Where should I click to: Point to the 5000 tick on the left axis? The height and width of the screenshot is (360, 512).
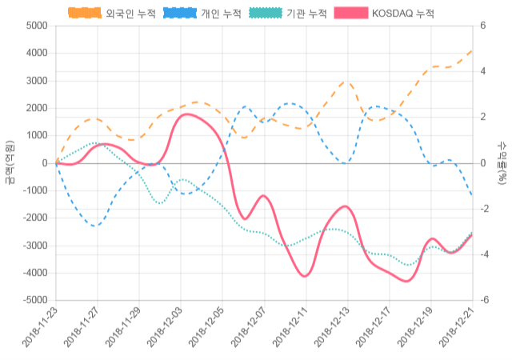coord(37,26)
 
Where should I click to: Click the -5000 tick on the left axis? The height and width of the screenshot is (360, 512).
coord(34,301)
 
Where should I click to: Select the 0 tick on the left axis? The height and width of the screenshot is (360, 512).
coord(45,163)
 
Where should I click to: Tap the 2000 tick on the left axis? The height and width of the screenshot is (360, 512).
coord(37,108)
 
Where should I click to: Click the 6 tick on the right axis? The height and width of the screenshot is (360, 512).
coord(482,26)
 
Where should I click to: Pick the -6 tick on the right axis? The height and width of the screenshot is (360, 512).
coord(484,301)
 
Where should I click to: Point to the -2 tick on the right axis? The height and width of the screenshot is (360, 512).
coord(484,209)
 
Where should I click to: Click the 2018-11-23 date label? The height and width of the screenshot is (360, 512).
coord(40,330)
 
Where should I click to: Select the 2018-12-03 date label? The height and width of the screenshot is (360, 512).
coord(165,330)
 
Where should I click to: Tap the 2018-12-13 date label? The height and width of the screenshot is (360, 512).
coord(331,330)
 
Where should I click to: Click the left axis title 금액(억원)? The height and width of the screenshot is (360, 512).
coord(10,162)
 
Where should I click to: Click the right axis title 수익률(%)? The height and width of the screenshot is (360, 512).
coord(502,162)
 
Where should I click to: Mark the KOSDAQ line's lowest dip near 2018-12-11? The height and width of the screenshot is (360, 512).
coord(305,276)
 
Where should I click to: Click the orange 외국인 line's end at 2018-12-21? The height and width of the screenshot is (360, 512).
coord(472,50)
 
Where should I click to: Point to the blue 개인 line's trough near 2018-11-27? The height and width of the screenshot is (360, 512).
coord(96,226)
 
